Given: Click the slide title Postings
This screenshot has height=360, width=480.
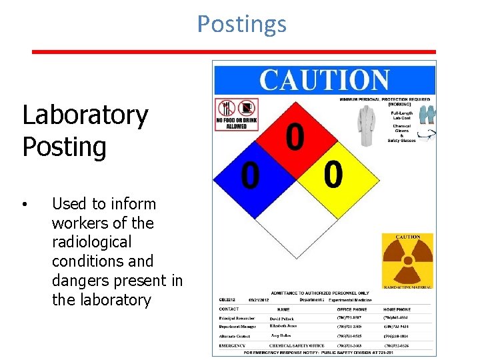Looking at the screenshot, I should pyautogui.click(x=241, y=24).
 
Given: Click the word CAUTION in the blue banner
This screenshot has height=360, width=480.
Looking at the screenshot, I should pyautogui.click(x=324, y=80).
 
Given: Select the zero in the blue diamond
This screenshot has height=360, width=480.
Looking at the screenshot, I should pyautogui.click(x=250, y=176).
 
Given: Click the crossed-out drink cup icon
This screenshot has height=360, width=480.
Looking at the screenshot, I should pyautogui.click(x=247, y=107).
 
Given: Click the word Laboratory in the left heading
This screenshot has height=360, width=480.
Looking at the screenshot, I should pyautogui.click(x=85, y=115).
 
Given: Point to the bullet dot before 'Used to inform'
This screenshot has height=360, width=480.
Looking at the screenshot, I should pyautogui.click(x=24, y=204).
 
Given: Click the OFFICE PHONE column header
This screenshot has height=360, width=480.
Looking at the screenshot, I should pyautogui.click(x=351, y=309).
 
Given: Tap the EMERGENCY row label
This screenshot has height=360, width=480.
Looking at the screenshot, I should pyautogui.click(x=233, y=345).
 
